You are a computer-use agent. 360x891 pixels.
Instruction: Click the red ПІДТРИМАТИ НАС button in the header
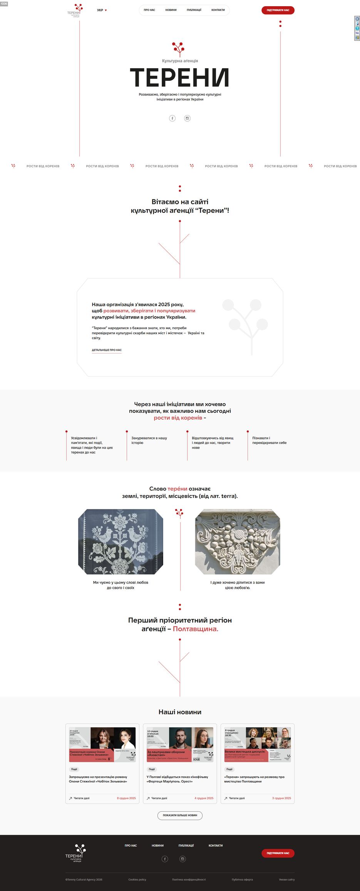[278, 10]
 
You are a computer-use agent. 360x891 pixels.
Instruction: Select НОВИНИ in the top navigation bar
[171, 10]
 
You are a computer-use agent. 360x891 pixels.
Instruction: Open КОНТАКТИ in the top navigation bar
[218, 10]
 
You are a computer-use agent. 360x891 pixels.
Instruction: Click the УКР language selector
[102, 10]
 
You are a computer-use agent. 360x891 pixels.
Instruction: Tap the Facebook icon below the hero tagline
[172, 118]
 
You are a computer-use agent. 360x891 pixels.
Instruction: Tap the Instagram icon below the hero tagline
[188, 118]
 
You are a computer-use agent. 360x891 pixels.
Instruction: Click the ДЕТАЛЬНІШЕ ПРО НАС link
[107, 350]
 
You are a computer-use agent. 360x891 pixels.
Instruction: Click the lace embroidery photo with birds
[121, 542]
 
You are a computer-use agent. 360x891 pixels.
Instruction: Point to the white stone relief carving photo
[238, 542]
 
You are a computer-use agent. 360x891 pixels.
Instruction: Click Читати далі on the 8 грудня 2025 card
[81, 798]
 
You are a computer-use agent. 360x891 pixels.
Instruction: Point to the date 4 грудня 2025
[204, 798]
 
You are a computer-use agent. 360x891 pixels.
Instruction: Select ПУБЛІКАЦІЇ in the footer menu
[186, 846]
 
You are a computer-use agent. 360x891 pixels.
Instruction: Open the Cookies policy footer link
[137, 879]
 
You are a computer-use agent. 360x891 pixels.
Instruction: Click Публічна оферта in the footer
[242, 879]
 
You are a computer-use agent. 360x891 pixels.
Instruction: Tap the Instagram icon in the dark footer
[183, 859]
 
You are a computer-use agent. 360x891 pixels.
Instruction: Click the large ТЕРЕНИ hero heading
[180, 77]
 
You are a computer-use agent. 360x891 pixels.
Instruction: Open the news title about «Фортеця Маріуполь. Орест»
[177, 779]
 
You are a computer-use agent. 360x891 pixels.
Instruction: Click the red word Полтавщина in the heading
[196, 629]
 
